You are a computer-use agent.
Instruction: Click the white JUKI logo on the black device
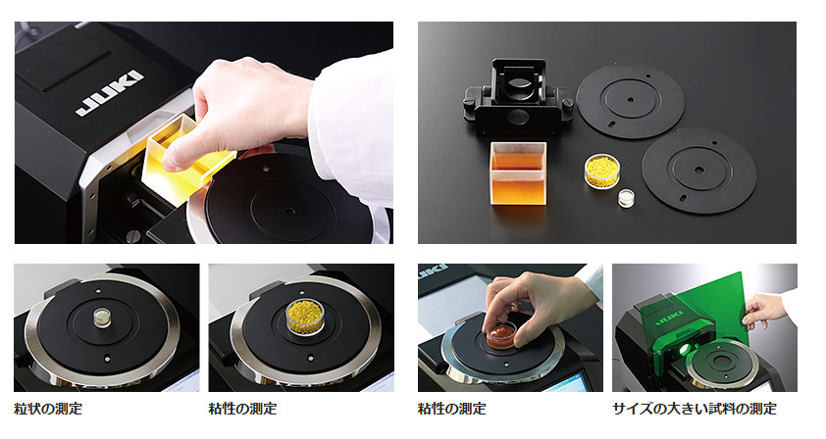[x=110, y=93]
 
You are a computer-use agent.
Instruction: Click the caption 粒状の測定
[x=48, y=409]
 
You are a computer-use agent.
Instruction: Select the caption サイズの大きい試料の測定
[x=695, y=409]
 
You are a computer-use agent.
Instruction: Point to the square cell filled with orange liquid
[x=517, y=174]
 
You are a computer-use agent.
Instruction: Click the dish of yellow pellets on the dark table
[x=602, y=171]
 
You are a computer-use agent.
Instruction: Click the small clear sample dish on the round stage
[x=101, y=317]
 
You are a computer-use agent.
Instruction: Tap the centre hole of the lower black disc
[x=699, y=171]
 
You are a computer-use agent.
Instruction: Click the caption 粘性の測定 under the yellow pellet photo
[x=242, y=409]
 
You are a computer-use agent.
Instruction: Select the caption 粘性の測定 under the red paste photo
[x=452, y=409]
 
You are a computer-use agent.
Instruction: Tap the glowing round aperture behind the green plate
[x=685, y=349]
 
